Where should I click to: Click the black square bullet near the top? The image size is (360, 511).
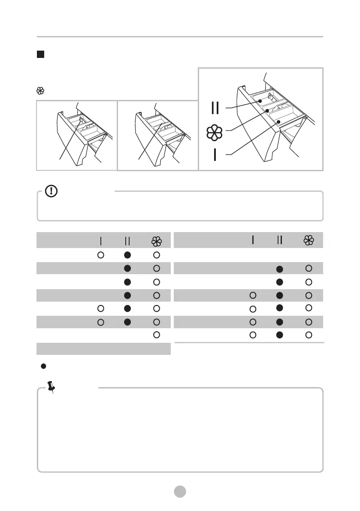point(40,54)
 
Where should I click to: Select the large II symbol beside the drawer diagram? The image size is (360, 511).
point(215,108)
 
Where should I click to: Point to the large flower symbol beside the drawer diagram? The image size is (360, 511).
point(215,133)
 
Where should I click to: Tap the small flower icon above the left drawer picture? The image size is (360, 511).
point(40,91)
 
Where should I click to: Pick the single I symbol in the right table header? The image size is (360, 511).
point(253,240)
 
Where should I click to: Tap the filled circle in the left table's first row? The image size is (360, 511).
point(127,255)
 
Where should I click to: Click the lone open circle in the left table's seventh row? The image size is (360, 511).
point(157,335)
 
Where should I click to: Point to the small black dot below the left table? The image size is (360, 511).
point(43,366)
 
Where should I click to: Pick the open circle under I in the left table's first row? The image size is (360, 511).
point(100,255)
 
